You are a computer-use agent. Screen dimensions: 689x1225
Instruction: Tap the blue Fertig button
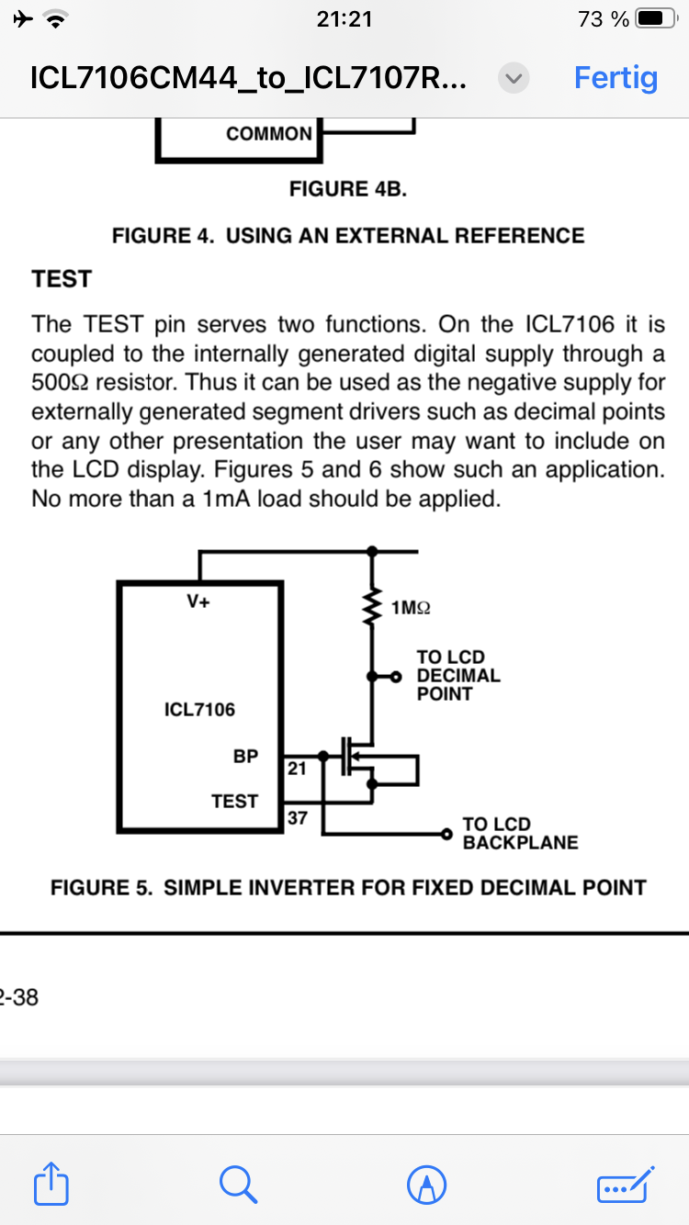click(616, 78)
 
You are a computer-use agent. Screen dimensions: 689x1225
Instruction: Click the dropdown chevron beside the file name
click(514, 78)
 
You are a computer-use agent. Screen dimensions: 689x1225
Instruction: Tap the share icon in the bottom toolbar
click(51, 1184)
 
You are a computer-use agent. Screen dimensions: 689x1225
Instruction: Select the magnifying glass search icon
click(238, 1185)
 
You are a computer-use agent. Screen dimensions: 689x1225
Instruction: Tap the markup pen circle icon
click(426, 1185)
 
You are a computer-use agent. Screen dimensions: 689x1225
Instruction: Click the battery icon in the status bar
click(656, 19)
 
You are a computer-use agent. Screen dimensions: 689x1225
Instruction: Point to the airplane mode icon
click(23, 19)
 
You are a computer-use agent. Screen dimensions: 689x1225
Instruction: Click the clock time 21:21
click(344, 19)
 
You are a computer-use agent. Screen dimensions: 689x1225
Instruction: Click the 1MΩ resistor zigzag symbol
click(373, 606)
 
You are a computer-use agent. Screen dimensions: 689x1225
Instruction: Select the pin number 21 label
click(297, 769)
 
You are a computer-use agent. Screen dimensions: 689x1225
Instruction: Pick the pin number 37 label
click(297, 817)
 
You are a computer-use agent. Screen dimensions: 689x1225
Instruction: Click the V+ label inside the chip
click(198, 601)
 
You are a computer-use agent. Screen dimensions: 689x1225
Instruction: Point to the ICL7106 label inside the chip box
click(199, 709)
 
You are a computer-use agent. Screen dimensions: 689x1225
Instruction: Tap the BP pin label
click(245, 756)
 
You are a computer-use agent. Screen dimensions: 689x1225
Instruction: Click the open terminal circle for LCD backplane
click(446, 834)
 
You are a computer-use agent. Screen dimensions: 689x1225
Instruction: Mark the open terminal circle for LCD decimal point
click(396, 677)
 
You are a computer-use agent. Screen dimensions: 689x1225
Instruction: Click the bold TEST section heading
click(62, 279)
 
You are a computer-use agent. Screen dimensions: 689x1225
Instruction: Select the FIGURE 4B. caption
click(348, 188)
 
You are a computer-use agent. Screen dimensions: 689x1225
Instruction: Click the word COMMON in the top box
click(268, 133)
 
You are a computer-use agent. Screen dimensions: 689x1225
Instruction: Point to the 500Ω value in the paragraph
click(61, 382)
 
